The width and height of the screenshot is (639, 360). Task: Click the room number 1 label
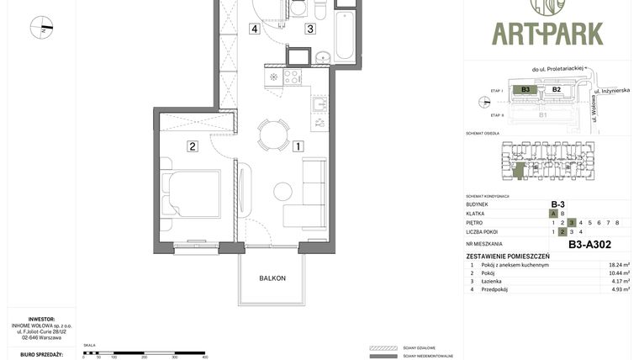298,146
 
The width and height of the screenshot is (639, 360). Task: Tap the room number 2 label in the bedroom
193,146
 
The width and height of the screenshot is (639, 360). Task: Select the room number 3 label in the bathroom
310,29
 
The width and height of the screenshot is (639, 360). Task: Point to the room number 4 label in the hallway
253,29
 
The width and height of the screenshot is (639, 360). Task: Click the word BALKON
272,278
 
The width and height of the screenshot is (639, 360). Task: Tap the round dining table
273,134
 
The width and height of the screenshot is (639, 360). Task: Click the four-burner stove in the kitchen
292,77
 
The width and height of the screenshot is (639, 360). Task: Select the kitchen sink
319,105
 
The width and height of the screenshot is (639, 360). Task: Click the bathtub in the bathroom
346,33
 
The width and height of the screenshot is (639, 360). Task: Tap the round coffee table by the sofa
283,192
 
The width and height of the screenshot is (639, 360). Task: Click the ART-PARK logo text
547,33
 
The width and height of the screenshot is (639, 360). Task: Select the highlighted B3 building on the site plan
525,89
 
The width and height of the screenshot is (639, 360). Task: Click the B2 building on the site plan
556,89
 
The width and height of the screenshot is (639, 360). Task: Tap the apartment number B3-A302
589,245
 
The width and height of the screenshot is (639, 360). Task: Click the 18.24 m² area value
619,265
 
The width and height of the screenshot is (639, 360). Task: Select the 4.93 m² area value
619,289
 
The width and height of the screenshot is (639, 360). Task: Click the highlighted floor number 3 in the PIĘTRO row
571,223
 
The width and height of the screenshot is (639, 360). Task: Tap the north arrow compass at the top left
41,28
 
